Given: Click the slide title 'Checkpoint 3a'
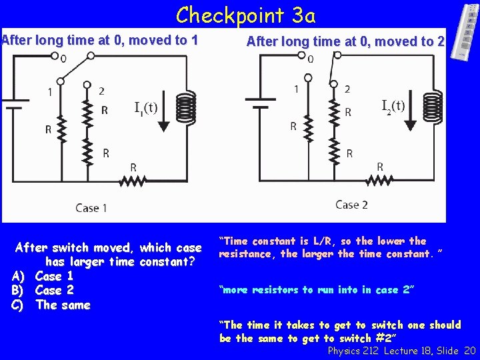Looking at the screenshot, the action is pyautogui.click(x=246, y=14).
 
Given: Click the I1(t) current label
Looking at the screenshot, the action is pyautogui.click(x=146, y=107).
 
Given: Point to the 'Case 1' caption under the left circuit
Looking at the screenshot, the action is pyautogui.click(x=91, y=208).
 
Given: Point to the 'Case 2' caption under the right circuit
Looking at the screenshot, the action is pyautogui.click(x=351, y=205).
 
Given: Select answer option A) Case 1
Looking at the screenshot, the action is pyautogui.click(x=44, y=276).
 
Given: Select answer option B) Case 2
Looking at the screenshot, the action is pyautogui.click(x=44, y=290).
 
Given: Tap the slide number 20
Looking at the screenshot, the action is pyautogui.click(x=469, y=350).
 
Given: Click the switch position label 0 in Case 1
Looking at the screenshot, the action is pyautogui.click(x=63, y=59).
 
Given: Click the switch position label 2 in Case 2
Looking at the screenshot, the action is pyautogui.click(x=347, y=89).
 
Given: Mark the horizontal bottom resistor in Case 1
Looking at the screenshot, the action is pyautogui.click(x=133, y=180).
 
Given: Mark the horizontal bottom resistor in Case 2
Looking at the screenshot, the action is pyautogui.click(x=381, y=180).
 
